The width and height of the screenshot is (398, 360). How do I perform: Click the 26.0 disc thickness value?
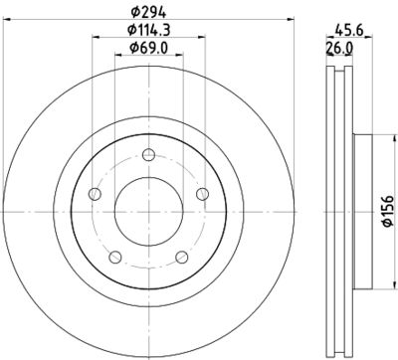pyautogui.click(x=341, y=49)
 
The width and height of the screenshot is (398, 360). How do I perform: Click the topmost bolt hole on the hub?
pyautogui.click(x=148, y=153)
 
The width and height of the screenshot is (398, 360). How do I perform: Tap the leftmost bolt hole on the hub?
pyautogui.click(x=95, y=193)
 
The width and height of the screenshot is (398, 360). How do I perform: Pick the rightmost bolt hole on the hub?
pyautogui.click(x=202, y=193)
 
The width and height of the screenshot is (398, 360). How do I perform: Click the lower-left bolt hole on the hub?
pyautogui.click(x=115, y=257)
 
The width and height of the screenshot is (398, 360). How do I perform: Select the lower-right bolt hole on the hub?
pyautogui.click(x=182, y=257)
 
